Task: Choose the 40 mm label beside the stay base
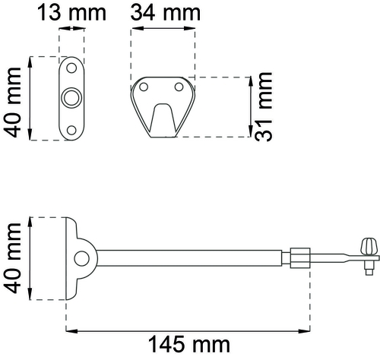coord(13,259)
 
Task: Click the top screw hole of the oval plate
coord(71,67)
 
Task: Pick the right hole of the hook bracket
coord(178,87)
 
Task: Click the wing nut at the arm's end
coord(370,246)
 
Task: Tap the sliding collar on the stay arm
coord(299,256)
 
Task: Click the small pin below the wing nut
coord(368,266)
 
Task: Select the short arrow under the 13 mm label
coord(71,30)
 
